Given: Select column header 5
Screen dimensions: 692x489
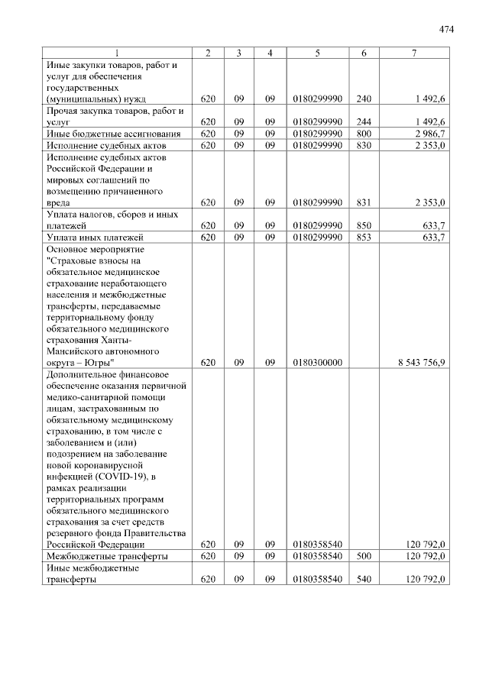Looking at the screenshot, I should (x=316, y=53).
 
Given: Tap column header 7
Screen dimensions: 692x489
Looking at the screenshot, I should (x=414, y=53).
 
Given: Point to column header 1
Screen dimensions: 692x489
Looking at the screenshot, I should (x=117, y=53).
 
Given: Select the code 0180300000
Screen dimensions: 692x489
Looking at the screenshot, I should (x=316, y=362).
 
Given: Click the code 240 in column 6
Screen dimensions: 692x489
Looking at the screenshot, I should (x=363, y=99).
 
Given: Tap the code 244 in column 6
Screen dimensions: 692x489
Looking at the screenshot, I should (x=363, y=122).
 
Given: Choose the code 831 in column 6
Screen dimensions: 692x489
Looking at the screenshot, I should (x=363, y=203).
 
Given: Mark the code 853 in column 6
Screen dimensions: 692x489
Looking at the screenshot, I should (x=363, y=238).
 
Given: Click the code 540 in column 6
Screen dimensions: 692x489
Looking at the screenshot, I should (x=363, y=580).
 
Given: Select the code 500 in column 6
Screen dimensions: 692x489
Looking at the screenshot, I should (x=363, y=557).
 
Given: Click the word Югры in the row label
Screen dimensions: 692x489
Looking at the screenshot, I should (x=97, y=362).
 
